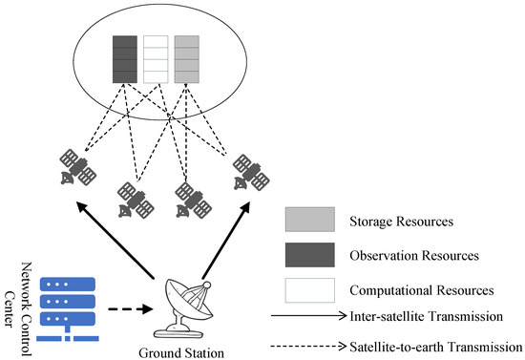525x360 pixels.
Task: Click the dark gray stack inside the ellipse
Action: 126,58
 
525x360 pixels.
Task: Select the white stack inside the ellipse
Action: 156,58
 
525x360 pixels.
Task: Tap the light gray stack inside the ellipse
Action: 187,58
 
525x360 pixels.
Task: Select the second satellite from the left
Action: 133,198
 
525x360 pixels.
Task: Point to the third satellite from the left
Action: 191,198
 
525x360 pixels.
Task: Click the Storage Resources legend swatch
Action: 309,221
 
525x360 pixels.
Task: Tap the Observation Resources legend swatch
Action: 309,255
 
